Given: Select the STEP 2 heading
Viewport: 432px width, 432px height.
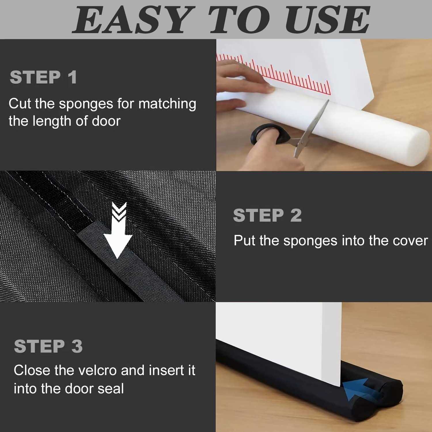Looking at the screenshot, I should (x=267, y=215).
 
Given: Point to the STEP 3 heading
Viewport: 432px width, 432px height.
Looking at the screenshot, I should (x=48, y=346).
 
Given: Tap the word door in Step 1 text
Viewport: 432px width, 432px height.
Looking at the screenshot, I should (x=106, y=121).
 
